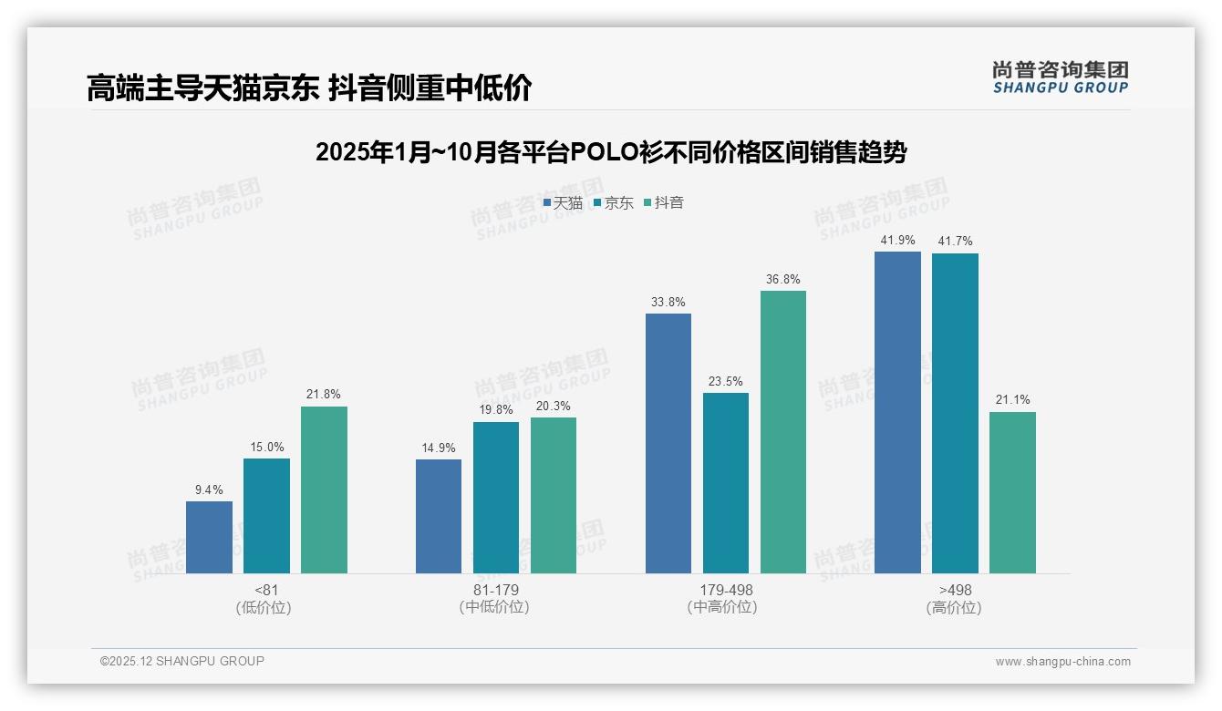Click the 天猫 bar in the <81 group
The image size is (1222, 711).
click(x=209, y=537)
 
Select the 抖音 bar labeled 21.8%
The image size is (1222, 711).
click(x=324, y=489)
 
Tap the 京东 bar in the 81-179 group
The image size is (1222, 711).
click(x=496, y=498)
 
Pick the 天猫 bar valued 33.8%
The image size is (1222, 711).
click(x=668, y=443)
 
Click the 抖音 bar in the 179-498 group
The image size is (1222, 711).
click(x=783, y=432)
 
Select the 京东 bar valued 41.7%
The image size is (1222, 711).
click(x=955, y=413)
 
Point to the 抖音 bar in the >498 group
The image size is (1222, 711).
click(x=1012, y=492)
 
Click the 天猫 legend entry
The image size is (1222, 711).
click(x=563, y=203)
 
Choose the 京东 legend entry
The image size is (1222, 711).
click(x=613, y=203)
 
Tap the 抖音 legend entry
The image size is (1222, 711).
click(x=664, y=203)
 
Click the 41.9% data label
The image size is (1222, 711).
click(x=897, y=240)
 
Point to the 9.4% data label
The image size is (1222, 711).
click(x=209, y=489)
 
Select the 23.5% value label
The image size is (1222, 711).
click(x=726, y=381)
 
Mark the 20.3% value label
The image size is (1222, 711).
click(x=554, y=406)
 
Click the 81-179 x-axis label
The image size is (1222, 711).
click(x=495, y=590)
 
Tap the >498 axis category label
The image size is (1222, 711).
click(x=954, y=590)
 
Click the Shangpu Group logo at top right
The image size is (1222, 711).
click(x=1060, y=77)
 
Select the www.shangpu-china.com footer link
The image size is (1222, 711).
click(x=1062, y=662)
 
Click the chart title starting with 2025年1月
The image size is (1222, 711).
click(x=611, y=152)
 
